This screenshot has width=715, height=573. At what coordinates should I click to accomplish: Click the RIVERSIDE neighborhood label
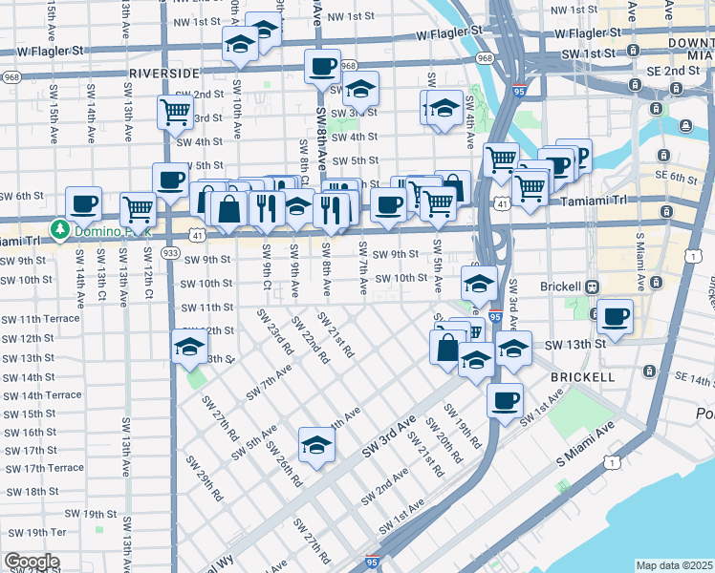163,74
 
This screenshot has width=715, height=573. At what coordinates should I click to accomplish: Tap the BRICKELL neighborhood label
582,377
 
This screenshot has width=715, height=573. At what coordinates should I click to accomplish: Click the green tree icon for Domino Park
59,229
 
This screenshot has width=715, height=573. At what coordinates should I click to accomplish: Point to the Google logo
31,562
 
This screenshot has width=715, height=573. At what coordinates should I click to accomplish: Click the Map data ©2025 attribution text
675,565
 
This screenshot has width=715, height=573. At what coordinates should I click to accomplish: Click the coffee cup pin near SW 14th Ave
84,202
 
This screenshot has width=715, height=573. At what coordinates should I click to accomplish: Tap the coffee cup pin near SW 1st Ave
505,400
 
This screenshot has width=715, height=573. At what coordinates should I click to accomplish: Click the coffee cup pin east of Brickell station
615,316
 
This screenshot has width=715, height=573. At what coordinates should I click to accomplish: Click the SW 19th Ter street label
32,532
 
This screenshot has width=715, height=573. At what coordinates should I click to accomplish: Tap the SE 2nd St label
679,71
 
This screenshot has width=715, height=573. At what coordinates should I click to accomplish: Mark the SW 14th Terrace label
41,395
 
